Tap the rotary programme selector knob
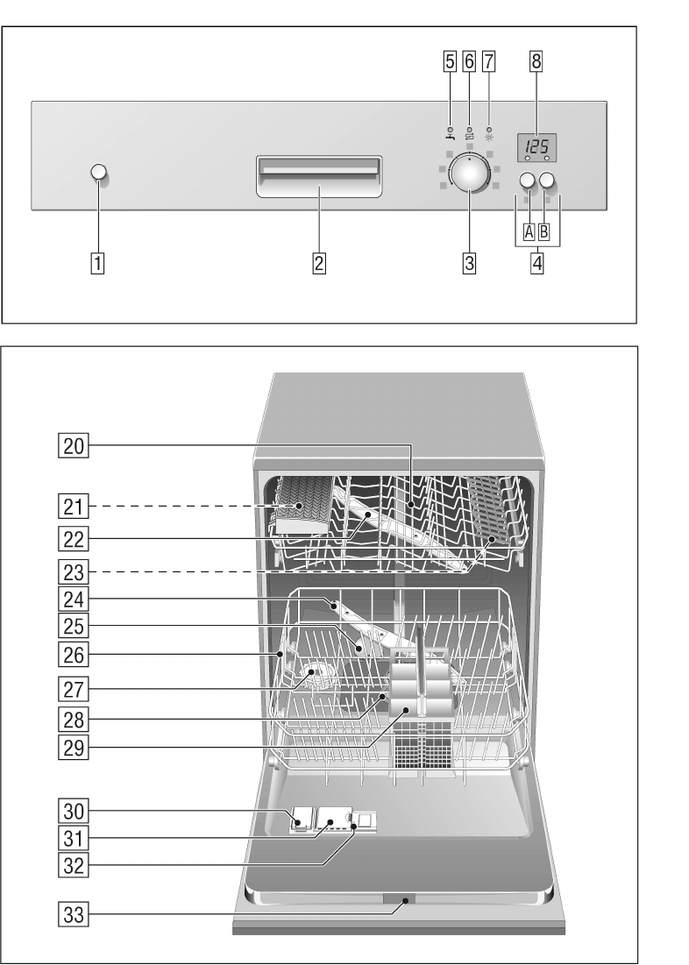(x=470, y=174)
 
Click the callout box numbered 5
(x=450, y=62)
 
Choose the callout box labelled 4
(x=536, y=261)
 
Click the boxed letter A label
(x=528, y=231)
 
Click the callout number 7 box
(x=488, y=62)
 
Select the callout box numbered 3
(x=470, y=261)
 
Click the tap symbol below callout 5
(x=449, y=136)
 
